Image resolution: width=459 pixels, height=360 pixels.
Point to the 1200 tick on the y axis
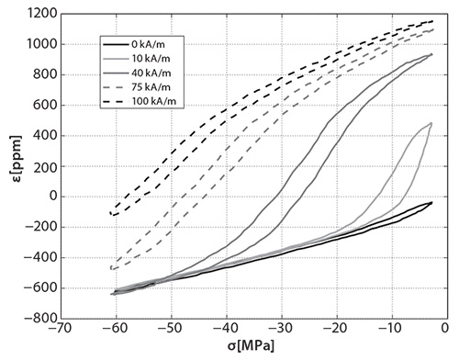click(39, 14)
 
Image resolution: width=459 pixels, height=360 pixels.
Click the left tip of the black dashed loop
click(109, 213)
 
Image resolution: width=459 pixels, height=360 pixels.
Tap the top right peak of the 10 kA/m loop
click(431, 123)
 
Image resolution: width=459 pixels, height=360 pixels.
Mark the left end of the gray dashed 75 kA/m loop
click(110, 268)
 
